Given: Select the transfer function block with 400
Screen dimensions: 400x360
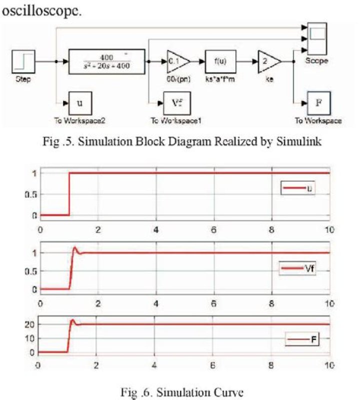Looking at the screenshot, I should click(x=106, y=62).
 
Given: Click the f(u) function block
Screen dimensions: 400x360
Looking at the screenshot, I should click(x=219, y=62).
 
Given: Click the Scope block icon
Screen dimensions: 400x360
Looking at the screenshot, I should click(x=317, y=39).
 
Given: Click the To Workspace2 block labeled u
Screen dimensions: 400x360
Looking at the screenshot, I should click(x=79, y=104).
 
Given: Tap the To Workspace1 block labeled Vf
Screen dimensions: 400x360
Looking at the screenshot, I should click(x=171, y=104).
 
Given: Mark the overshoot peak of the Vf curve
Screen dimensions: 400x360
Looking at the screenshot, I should click(x=75, y=247).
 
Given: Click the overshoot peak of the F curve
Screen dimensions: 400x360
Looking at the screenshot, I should click(x=73, y=320).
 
